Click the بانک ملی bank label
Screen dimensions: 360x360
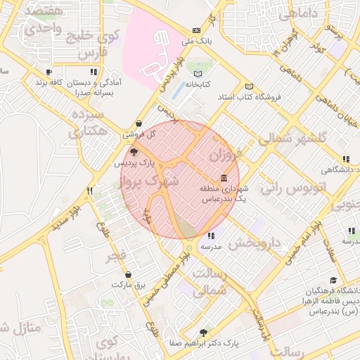click(196, 41)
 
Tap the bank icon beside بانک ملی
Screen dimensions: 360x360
click(196, 30)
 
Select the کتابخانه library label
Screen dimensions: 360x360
click(198, 85)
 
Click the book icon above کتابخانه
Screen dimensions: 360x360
click(198, 74)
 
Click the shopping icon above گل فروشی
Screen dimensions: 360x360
click(139, 123)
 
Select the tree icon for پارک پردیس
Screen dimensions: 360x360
click(134, 150)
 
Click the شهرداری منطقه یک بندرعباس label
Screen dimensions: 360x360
click(223, 194)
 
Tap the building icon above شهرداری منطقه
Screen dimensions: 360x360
click(224, 177)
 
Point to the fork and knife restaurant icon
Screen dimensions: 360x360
click(89, 191)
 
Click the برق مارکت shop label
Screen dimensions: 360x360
click(127, 285)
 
